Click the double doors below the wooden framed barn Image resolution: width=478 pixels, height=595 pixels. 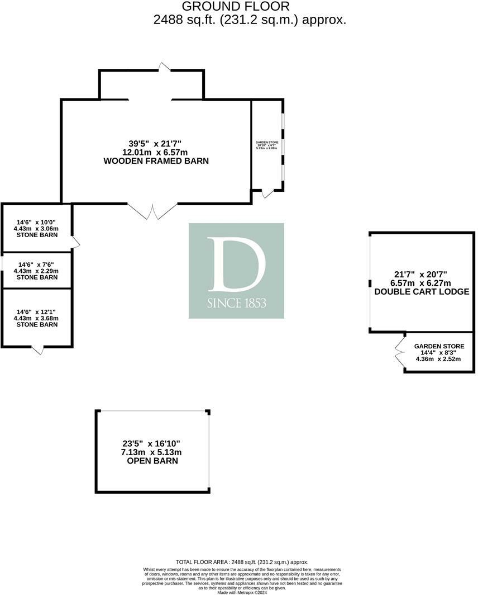pyautogui.click(x=152, y=211)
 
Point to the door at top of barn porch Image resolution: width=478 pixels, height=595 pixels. pyautogui.click(x=164, y=67)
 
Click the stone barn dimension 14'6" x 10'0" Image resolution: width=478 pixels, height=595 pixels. pyautogui.click(x=36, y=222)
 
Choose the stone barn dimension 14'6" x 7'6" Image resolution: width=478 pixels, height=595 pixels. pyautogui.click(x=37, y=265)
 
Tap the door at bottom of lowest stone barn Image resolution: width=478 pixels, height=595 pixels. pyautogui.click(x=37, y=350)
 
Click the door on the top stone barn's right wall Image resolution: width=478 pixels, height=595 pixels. pyautogui.click(x=75, y=242)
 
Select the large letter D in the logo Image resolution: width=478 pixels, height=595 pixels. pyautogui.click(x=236, y=264)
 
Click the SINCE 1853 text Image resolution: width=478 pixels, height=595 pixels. pyautogui.click(x=236, y=303)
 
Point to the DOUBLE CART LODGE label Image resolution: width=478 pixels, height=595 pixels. pyautogui.click(x=422, y=292)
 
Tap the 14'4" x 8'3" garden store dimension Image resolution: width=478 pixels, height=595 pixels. pyautogui.click(x=439, y=353)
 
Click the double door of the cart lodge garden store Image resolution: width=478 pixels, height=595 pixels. pyautogui.click(x=400, y=351)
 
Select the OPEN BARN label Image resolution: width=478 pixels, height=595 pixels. pyautogui.click(x=152, y=461)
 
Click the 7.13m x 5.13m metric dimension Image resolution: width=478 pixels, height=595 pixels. pyautogui.click(x=152, y=452)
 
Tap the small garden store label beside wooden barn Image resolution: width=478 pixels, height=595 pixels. pyautogui.click(x=267, y=143)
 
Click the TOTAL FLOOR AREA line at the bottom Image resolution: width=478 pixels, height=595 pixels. pyautogui.click(x=242, y=562)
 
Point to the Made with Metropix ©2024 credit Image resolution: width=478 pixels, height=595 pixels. pyautogui.click(x=242, y=592)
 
